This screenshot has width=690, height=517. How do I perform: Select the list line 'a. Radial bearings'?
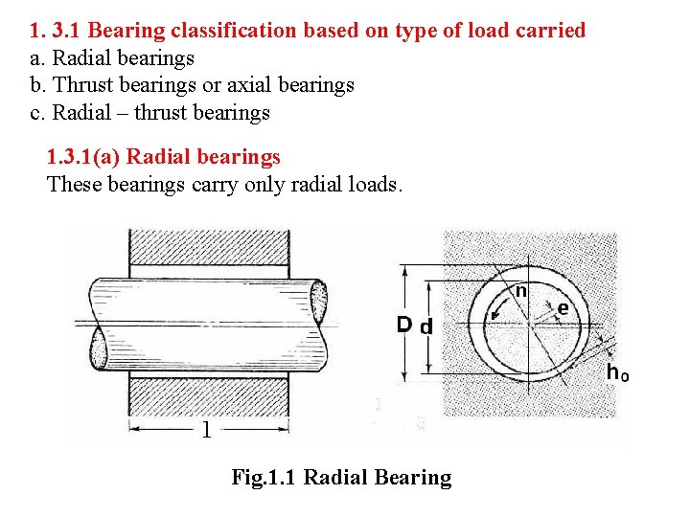click(112, 57)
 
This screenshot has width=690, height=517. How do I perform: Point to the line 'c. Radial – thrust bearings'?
click(150, 113)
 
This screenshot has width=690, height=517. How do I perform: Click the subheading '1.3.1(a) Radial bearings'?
click(164, 157)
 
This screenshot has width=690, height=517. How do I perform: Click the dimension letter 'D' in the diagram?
click(403, 326)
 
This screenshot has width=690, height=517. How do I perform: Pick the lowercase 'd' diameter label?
click(426, 326)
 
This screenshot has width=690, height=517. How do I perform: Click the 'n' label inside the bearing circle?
click(520, 290)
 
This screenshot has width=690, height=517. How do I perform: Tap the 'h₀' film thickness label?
click(617, 372)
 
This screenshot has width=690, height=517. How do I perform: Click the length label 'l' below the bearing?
click(205, 430)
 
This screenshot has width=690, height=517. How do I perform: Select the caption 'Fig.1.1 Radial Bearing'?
click(341, 477)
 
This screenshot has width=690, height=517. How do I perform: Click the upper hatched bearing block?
click(208, 252)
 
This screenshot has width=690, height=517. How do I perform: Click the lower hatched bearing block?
click(208, 398)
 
